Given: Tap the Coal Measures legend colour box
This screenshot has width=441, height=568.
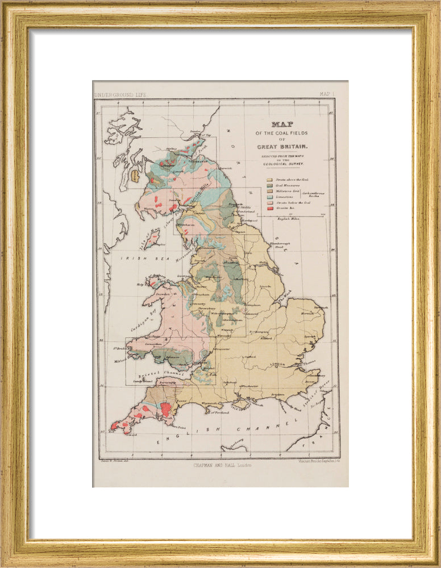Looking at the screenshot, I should pyautogui.click(x=269, y=186).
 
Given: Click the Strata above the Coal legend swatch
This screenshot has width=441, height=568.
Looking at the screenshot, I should pyautogui.click(x=269, y=178).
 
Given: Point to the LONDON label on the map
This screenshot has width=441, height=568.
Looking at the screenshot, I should pyautogui.click(x=278, y=363).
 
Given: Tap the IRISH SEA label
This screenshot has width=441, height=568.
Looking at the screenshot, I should pyautogui.click(x=135, y=258).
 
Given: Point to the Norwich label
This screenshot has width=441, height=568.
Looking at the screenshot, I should pyautogui.click(x=308, y=312).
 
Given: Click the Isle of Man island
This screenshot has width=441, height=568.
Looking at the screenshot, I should pyautogui.click(x=151, y=239).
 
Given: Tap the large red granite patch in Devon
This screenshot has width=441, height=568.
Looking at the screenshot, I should pyautogui.click(x=166, y=409).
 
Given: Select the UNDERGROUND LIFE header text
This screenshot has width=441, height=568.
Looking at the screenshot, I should pyautogui.click(x=120, y=95).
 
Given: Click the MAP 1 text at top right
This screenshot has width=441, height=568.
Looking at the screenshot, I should pyautogui.click(x=326, y=95).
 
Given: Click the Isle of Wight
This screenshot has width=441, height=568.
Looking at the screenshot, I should pyautogui.click(x=242, y=405).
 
